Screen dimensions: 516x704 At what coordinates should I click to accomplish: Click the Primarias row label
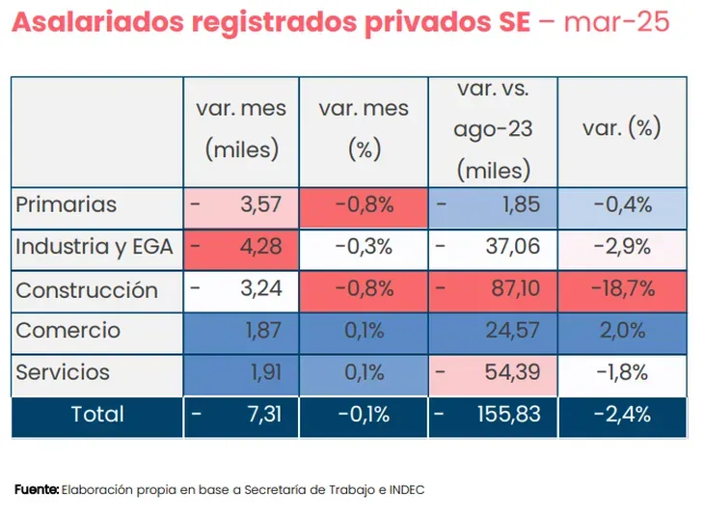pyautogui.click(x=66, y=204)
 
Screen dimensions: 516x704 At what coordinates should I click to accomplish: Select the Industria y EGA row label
pyautogui.click(x=94, y=247)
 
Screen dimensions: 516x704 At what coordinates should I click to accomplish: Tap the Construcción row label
pyautogui.click(x=86, y=289)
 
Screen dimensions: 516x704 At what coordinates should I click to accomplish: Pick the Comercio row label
pyautogui.click(x=68, y=331)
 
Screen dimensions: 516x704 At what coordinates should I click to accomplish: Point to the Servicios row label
pyautogui.click(x=63, y=372)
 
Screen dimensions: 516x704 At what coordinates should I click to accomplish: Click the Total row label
pyautogui.click(x=96, y=415)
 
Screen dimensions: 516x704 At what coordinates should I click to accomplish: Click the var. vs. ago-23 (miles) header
pyautogui.click(x=493, y=129)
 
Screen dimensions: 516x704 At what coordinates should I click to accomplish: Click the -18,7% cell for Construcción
pyautogui.click(x=622, y=289)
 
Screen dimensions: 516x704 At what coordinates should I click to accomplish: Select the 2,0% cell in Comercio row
pyautogui.click(x=622, y=331)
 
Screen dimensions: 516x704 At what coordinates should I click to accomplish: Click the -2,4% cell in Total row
pyautogui.click(x=622, y=415)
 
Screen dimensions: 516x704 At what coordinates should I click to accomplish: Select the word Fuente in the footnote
pyautogui.click(x=36, y=490)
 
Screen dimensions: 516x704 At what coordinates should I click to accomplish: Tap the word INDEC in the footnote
pyautogui.click(x=405, y=490)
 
